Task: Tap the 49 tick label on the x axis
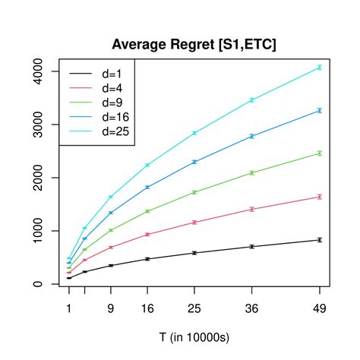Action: (320, 310)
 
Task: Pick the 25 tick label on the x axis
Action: (194, 310)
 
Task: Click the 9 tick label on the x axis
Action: (111, 310)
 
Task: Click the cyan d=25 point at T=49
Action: (320, 68)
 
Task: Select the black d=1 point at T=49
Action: (320, 240)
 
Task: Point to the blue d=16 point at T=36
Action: (251, 136)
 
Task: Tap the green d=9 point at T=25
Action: (194, 192)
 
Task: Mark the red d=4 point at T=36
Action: (251, 209)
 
